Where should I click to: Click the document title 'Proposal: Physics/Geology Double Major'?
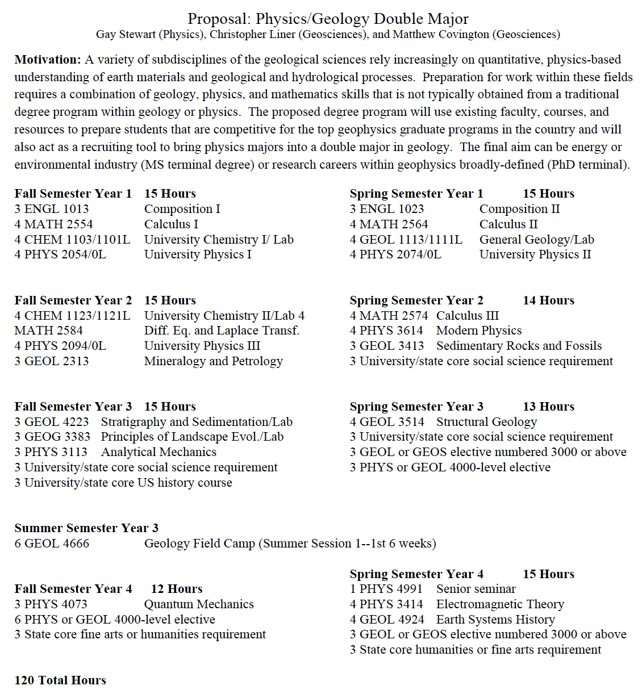point(328,19)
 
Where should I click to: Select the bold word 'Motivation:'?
point(48,60)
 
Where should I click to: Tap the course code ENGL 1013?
point(56,209)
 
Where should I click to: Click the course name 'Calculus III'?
point(468,316)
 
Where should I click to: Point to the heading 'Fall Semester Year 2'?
point(73,300)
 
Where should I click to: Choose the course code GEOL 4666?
point(57,544)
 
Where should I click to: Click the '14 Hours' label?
point(548,300)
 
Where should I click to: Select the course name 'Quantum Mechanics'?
point(199,604)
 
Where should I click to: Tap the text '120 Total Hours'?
point(60,680)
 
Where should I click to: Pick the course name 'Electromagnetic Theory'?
point(500,604)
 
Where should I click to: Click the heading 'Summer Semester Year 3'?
point(86,528)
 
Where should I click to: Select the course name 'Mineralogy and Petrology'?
point(213,361)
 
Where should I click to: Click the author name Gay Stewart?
point(126,35)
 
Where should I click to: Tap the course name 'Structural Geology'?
point(486,422)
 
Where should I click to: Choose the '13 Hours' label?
point(548,407)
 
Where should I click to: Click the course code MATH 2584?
point(48,331)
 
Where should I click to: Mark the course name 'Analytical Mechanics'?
point(159,452)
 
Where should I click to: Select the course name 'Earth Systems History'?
point(495,620)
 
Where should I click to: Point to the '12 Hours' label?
point(177,589)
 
